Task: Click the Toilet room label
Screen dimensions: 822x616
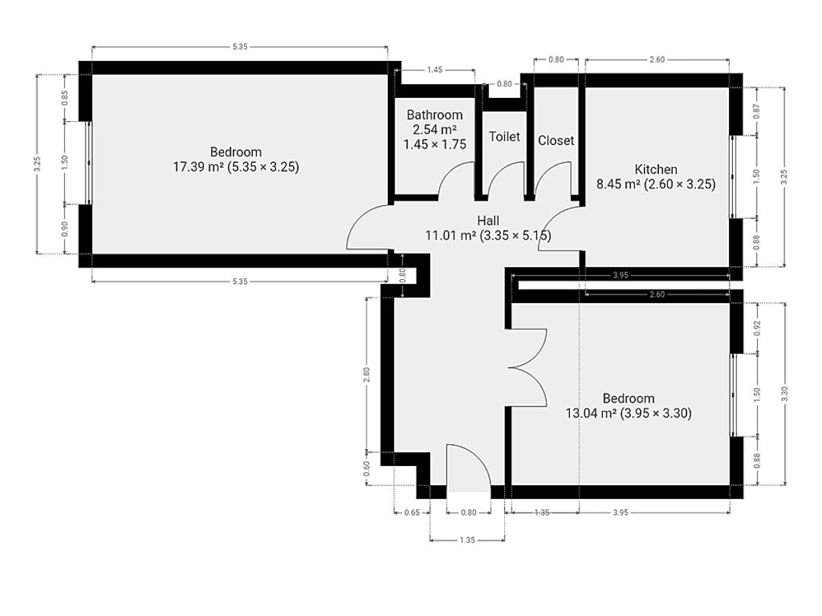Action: click(x=504, y=137)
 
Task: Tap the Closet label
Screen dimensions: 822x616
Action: click(x=556, y=140)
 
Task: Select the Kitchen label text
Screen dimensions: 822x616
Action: click(x=656, y=170)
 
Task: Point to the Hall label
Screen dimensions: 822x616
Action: click(x=488, y=220)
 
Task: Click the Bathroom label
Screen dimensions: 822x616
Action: click(x=435, y=115)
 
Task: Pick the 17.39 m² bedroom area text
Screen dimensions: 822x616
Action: click(x=236, y=167)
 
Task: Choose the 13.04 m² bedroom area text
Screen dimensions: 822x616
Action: click(x=628, y=413)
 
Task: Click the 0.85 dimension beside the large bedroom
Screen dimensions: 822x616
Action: click(x=65, y=98)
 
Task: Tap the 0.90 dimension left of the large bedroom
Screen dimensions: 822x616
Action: click(x=65, y=229)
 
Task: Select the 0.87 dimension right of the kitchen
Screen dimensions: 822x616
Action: click(x=756, y=112)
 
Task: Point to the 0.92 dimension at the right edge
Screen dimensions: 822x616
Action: click(x=757, y=328)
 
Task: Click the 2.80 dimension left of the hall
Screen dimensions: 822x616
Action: click(x=366, y=375)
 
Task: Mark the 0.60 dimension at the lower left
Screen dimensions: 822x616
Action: click(x=366, y=468)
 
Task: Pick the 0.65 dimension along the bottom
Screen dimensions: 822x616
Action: click(x=412, y=512)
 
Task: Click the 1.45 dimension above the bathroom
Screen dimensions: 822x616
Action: click(x=435, y=70)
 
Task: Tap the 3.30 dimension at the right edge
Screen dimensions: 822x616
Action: click(x=785, y=394)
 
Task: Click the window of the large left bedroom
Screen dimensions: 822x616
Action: click(x=89, y=163)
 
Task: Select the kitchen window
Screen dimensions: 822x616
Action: click(x=732, y=177)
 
